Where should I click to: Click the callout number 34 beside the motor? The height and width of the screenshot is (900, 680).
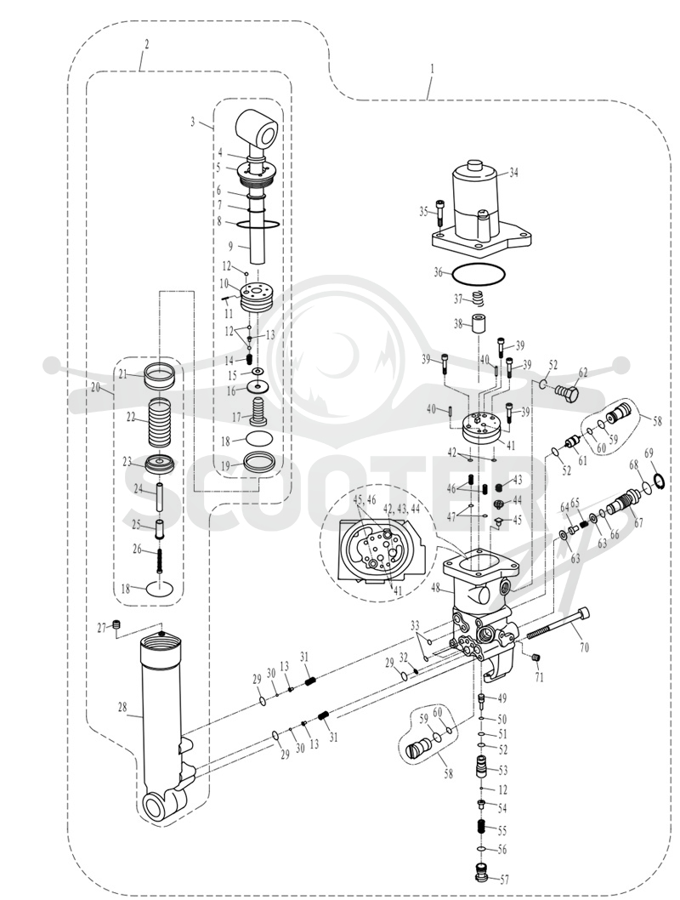(x=513, y=173)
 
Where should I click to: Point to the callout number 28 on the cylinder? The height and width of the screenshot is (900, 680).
(x=122, y=707)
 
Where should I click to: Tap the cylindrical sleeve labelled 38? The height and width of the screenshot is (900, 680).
(x=479, y=324)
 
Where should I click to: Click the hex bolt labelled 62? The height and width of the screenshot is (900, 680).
(x=566, y=395)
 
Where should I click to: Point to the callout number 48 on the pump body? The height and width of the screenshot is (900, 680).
(x=436, y=587)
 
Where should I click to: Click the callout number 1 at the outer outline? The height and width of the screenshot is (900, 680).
(x=433, y=68)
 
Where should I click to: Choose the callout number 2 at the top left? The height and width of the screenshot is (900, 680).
(x=147, y=43)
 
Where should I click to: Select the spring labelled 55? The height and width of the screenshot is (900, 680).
(x=482, y=828)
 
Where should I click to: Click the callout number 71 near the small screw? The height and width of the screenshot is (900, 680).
(x=540, y=677)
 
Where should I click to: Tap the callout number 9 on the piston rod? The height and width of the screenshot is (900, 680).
(x=230, y=246)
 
